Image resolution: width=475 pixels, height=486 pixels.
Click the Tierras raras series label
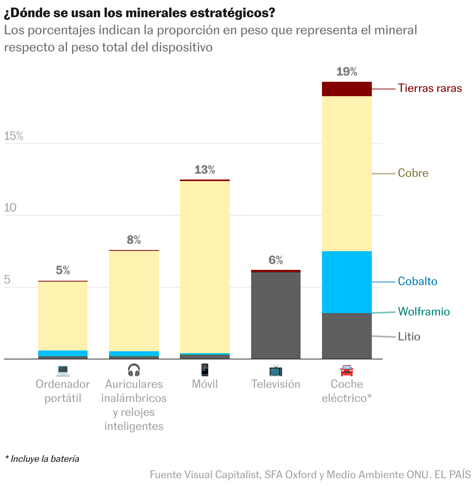point(429,88)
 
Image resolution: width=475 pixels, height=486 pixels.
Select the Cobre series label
point(413,173)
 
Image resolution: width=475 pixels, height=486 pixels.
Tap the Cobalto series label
point(417,281)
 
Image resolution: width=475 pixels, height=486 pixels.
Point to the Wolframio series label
point(424,312)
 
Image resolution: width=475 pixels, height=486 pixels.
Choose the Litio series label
point(409,336)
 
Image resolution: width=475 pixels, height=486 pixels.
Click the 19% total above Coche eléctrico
point(347,72)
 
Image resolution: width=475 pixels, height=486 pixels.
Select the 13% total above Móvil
point(205,170)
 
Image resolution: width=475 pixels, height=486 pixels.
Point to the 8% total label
point(134,240)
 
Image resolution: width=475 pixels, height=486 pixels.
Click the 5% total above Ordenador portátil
point(63,270)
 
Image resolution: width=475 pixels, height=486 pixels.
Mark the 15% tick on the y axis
point(14,136)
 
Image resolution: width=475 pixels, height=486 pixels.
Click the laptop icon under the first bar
point(63,370)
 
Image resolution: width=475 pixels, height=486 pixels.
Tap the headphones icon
point(134,370)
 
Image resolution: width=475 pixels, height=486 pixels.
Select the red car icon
point(347,370)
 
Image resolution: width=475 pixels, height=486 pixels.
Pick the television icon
point(276,370)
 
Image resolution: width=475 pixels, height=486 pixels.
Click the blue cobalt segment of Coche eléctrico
point(347,282)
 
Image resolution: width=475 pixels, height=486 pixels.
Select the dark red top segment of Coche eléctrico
point(347,89)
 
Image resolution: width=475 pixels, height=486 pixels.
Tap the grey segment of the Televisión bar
point(276,315)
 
